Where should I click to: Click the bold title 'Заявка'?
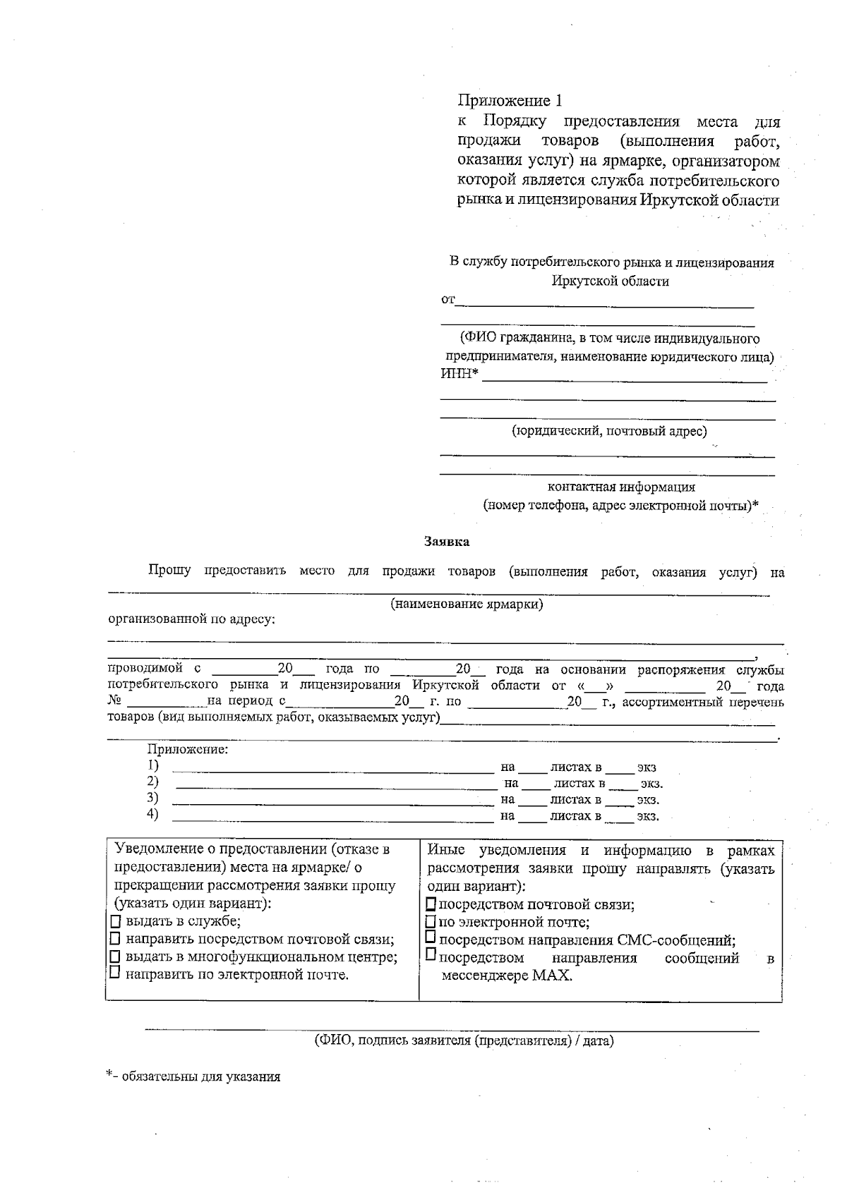(x=446, y=542)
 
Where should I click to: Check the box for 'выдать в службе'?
(x=116, y=922)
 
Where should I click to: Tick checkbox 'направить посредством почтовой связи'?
(x=116, y=940)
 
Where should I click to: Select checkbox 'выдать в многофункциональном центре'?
(x=116, y=957)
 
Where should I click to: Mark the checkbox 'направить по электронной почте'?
(x=116, y=974)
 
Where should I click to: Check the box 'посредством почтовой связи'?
(x=432, y=905)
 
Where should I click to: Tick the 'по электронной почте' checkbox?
(x=432, y=923)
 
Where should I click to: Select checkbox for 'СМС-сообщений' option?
(x=432, y=939)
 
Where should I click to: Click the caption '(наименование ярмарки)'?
(x=467, y=604)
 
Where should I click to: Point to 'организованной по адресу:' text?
(x=191, y=620)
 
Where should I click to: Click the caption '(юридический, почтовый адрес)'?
(x=608, y=430)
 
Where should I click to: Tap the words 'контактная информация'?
(x=621, y=487)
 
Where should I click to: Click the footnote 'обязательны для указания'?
(x=200, y=1077)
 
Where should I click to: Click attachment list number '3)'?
(x=152, y=798)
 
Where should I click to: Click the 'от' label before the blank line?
(x=447, y=300)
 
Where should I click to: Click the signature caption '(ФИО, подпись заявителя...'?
(x=464, y=1041)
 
